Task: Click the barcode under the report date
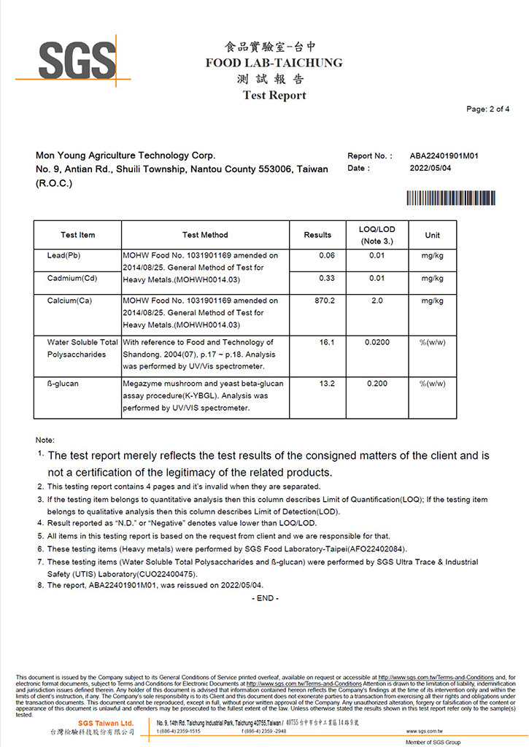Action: point(450,198)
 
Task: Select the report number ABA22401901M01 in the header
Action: point(444,155)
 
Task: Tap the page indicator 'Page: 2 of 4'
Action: point(488,109)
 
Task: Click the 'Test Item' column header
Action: point(77,235)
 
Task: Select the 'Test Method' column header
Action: point(205,235)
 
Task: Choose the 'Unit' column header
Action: point(432,235)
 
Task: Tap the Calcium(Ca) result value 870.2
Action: point(324,300)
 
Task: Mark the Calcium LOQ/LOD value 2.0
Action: point(377,300)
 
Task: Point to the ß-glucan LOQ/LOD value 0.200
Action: point(377,383)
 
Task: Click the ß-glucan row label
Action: point(63,383)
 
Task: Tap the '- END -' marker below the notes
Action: point(265,598)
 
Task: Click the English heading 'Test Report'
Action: point(274,96)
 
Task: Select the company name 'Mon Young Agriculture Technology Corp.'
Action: point(126,155)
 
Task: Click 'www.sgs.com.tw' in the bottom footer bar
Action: point(425,731)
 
